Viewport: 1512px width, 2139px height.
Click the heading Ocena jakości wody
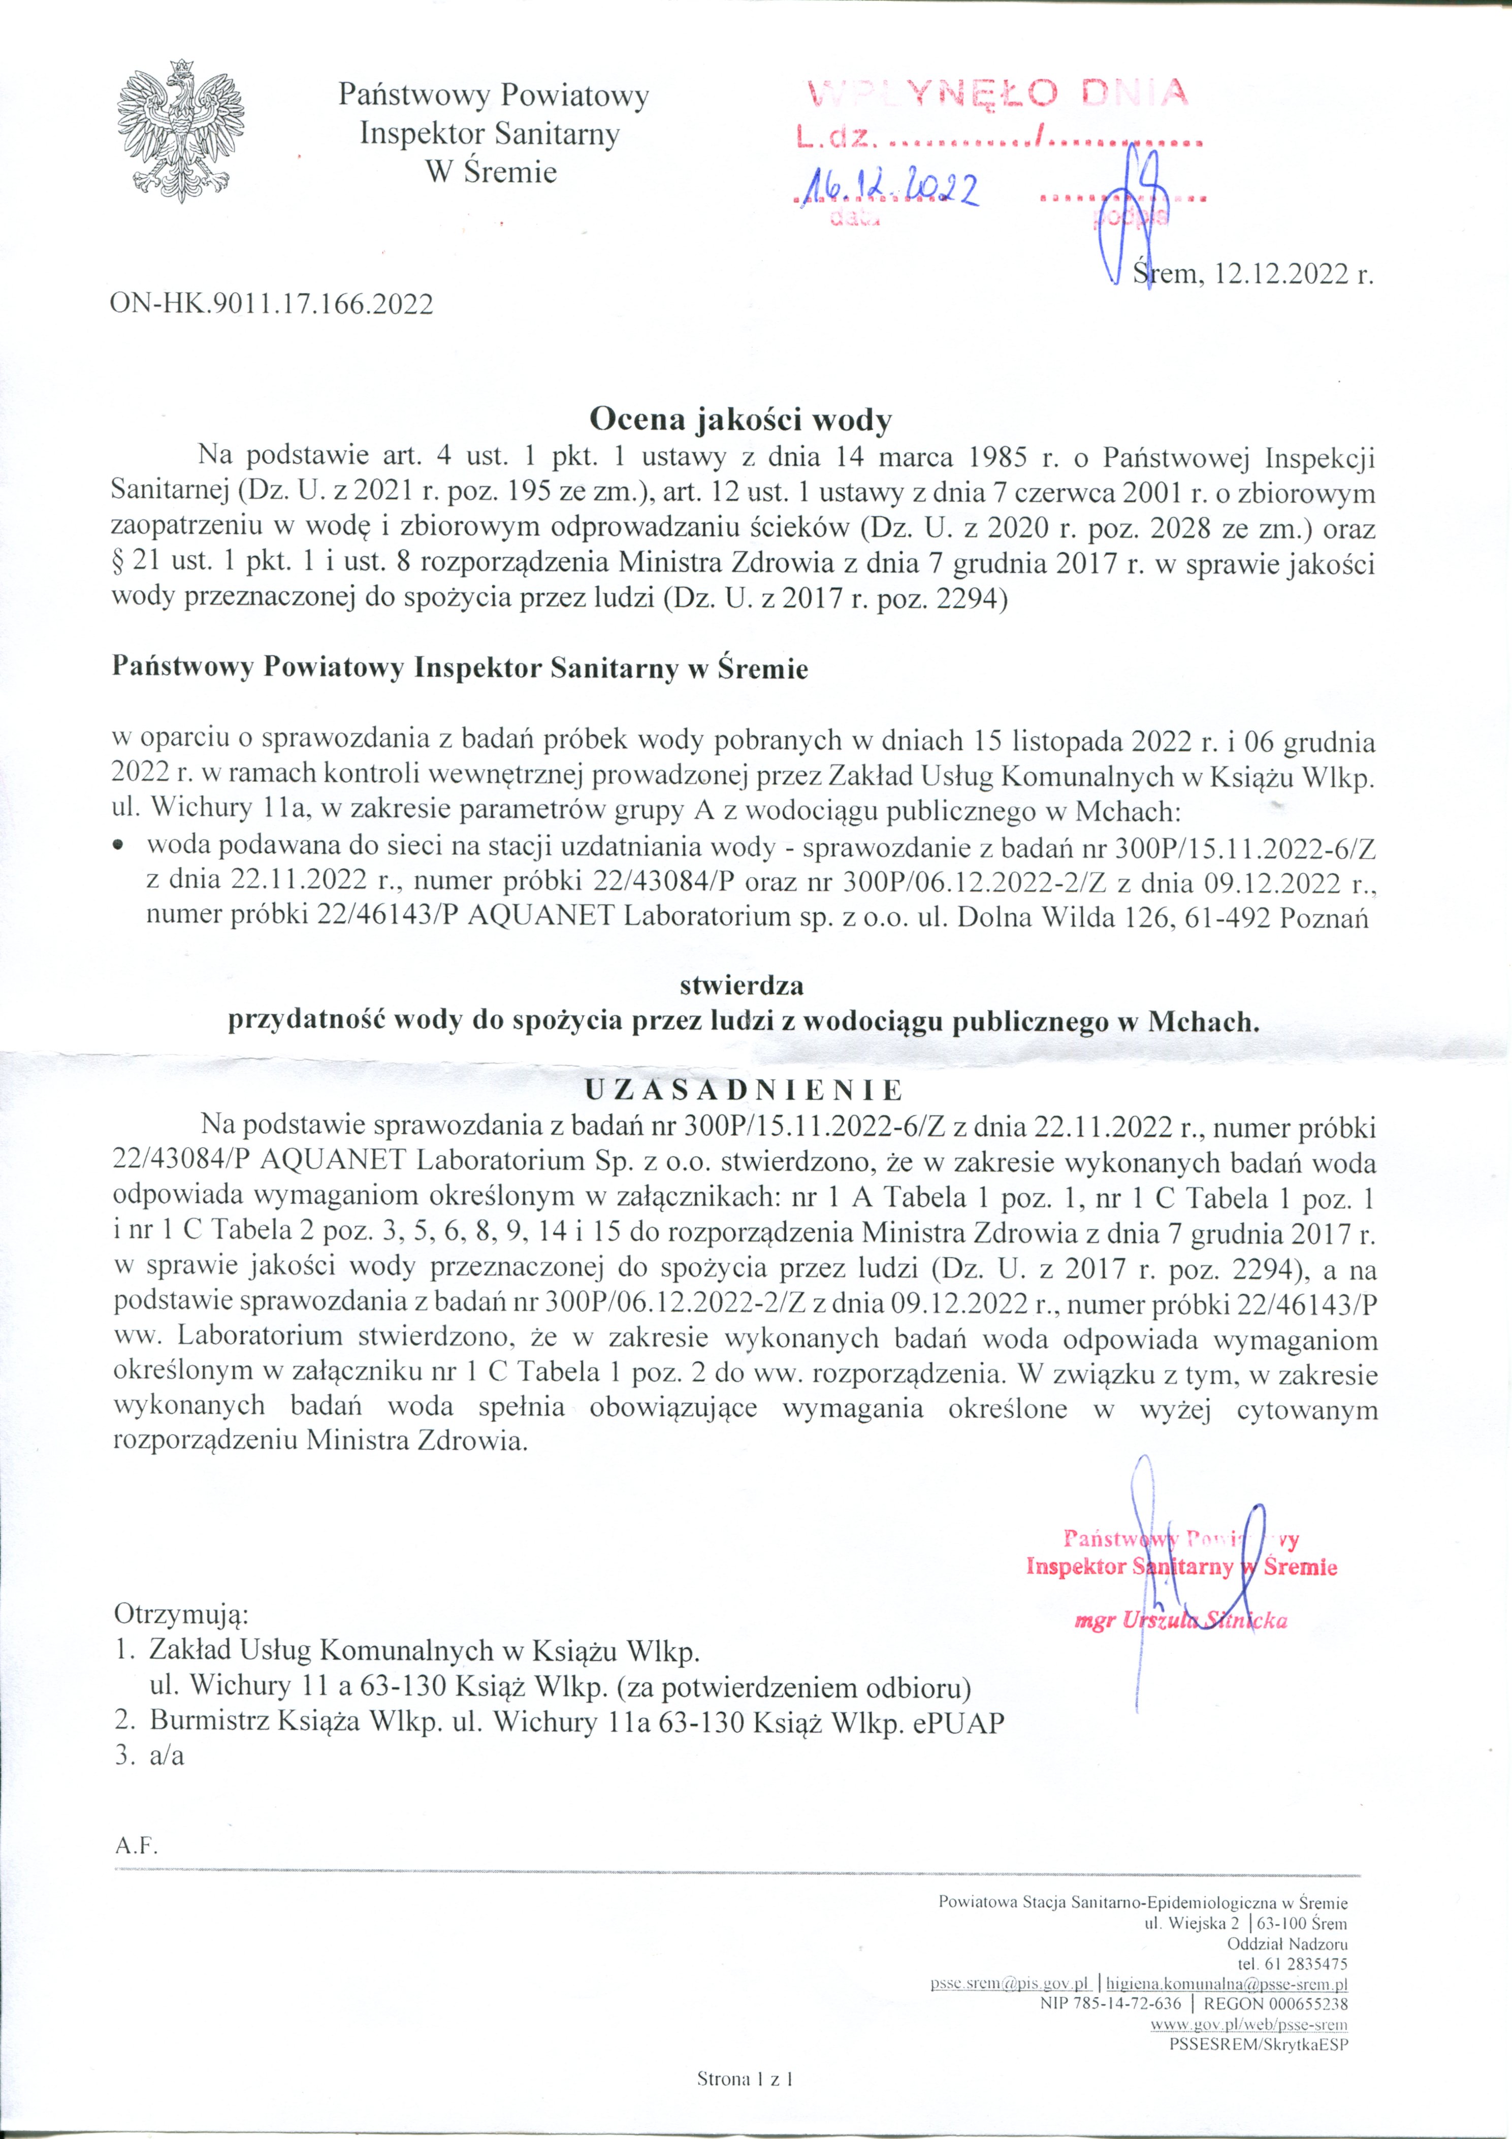point(742,420)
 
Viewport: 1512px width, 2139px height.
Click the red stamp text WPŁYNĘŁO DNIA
point(997,93)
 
